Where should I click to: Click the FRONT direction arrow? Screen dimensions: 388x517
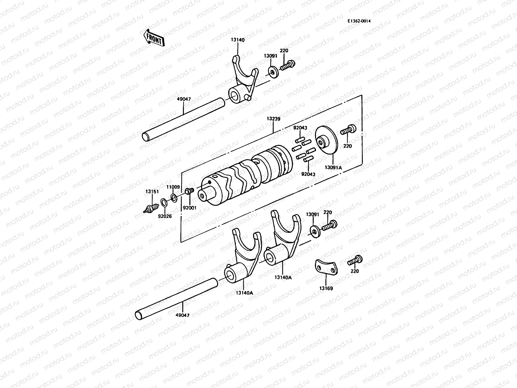pos(153,38)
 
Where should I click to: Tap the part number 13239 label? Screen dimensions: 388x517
pos(273,119)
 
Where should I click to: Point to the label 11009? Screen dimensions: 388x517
pos(173,187)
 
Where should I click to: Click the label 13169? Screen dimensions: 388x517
pos(326,288)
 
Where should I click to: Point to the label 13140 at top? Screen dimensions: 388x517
pos(237,40)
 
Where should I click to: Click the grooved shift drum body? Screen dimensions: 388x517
pos(246,176)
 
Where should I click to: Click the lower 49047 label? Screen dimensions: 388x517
pos(183,315)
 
